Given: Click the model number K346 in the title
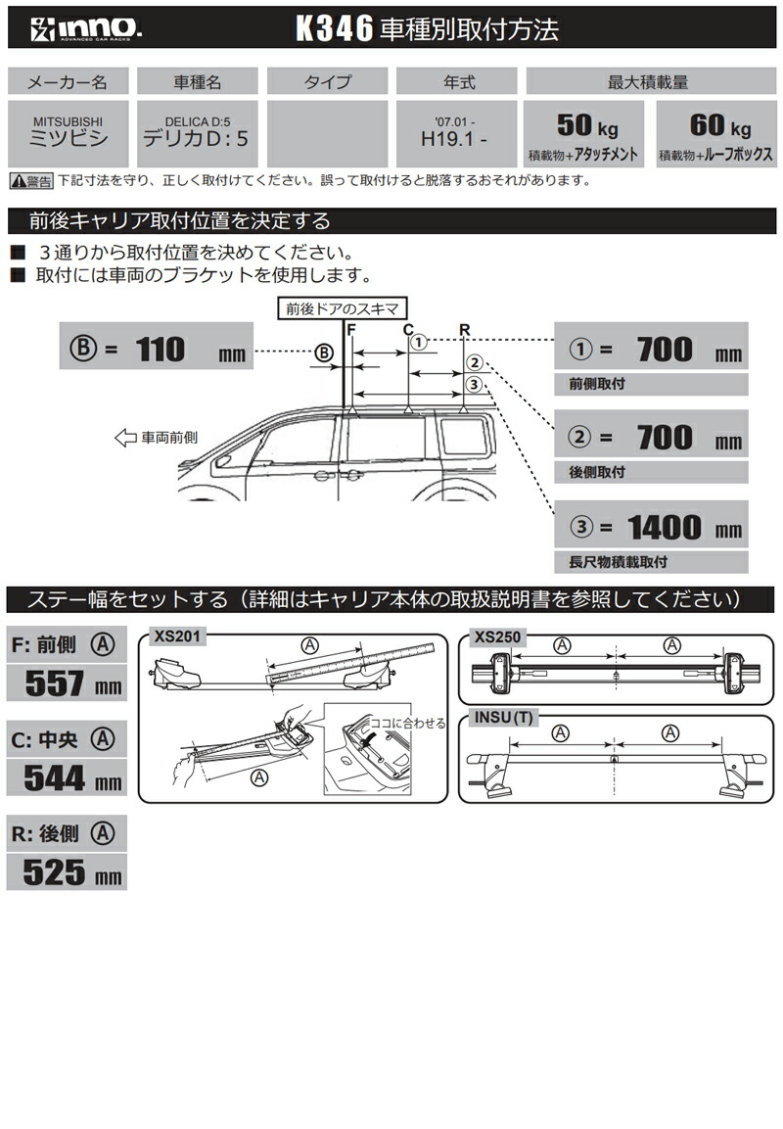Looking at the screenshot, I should [x=334, y=29].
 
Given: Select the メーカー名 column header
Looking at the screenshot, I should [x=67, y=81].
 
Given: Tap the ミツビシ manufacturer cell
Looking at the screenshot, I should [x=67, y=132].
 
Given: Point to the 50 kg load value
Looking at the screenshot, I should [x=584, y=125].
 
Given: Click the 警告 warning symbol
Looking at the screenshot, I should [x=31, y=181].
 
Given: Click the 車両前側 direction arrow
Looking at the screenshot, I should [x=124, y=438].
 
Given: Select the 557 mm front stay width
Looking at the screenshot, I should [x=67, y=682].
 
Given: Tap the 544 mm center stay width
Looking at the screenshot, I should [x=67, y=778].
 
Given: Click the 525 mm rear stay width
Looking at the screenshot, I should [x=67, y=872].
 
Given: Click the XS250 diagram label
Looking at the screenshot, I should [x=497, y=636].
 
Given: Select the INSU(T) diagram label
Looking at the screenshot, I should [x=504, y=717].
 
